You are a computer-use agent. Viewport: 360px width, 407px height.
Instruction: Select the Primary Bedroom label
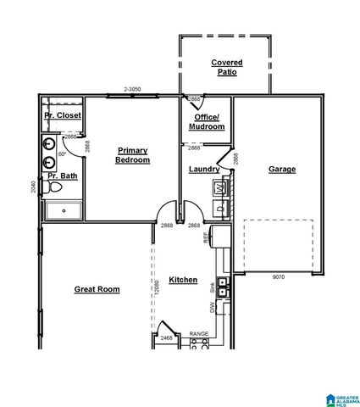click(133, 154)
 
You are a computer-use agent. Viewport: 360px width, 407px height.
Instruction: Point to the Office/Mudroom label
click(208, 121)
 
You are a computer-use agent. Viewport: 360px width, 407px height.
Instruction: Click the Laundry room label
click(203, 169)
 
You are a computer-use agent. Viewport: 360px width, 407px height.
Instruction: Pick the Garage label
click(282, 169)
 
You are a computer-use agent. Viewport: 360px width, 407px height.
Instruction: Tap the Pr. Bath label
click(62, 176)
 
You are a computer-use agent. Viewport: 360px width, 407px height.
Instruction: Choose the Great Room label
click(97, 289)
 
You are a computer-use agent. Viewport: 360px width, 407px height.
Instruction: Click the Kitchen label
click(183, 280)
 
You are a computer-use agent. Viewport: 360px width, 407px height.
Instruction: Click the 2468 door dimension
click(168, 338)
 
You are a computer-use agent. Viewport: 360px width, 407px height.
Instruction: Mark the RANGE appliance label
click(199, 334)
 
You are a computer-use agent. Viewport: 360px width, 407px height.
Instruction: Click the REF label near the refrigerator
click(206, 239)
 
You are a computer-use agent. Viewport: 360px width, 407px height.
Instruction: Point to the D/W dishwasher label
click(213, 309)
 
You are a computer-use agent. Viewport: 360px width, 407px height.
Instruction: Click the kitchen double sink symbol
click(222, 287)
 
